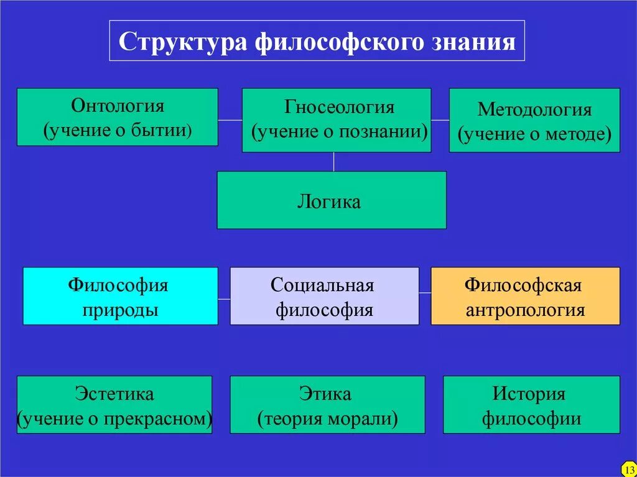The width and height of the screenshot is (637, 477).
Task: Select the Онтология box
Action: click(117, 117)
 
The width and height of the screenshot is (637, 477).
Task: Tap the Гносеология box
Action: click(336, 120)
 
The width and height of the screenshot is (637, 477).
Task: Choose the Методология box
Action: click(534, 120)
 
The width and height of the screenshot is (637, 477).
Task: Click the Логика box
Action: click(331, 200)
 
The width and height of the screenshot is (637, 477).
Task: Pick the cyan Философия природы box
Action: click(120, 296)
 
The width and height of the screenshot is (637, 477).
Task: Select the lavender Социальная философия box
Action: click(324, 296)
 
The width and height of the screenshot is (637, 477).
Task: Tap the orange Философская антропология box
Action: click(525, 296)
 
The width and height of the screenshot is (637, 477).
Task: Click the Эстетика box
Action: click(114, 404)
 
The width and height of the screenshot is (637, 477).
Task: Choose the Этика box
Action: click(327, 404)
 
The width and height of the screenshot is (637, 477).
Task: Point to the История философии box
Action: click(531, 404)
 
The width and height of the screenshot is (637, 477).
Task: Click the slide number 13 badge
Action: click(628, 468)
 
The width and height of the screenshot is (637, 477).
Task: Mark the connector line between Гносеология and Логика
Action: click(334, 162)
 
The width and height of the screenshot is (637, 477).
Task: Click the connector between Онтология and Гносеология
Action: click(230, 119)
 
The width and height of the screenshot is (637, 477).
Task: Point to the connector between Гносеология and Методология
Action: click(440, 119)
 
